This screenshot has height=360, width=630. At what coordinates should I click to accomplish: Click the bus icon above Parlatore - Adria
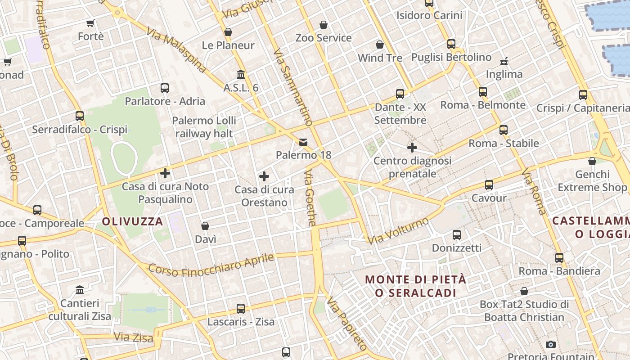coord(165,88)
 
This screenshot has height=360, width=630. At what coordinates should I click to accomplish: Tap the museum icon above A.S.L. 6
coord(241,74)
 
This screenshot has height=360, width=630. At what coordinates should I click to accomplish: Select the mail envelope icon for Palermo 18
coord(304,143)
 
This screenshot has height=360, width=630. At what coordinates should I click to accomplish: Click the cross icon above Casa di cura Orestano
coord(264,176)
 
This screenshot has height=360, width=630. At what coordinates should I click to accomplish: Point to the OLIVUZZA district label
coord(132,221)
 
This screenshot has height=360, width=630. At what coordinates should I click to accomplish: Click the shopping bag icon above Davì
coord(205,226)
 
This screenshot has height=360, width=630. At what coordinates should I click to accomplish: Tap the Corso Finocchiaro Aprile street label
coord(211,265)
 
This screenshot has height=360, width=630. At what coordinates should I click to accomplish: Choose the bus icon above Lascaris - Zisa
coord(241,309)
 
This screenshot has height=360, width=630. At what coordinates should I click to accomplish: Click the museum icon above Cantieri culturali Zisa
coord(80,290)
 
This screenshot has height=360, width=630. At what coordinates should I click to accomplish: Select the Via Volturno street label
coord(398,231)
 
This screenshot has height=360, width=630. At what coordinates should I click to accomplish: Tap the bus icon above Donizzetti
coord(457,235)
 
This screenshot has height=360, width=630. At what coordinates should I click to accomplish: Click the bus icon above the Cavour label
coord(489,185)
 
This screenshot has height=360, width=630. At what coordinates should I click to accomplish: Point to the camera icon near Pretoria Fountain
coord(550,344)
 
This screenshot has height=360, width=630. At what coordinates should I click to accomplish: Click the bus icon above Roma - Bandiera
coord(559,258)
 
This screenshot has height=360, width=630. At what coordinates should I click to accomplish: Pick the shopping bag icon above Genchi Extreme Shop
coord(592,161)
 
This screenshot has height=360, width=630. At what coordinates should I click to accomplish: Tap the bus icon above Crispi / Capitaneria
coord(583,95)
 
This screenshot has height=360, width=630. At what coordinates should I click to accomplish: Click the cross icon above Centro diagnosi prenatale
coord(412,148)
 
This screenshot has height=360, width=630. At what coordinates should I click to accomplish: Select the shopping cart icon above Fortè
coord(90,23)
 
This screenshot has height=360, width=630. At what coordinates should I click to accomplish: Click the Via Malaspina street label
coord(176,49)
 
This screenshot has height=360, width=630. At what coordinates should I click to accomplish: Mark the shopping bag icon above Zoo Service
coord(324,25)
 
